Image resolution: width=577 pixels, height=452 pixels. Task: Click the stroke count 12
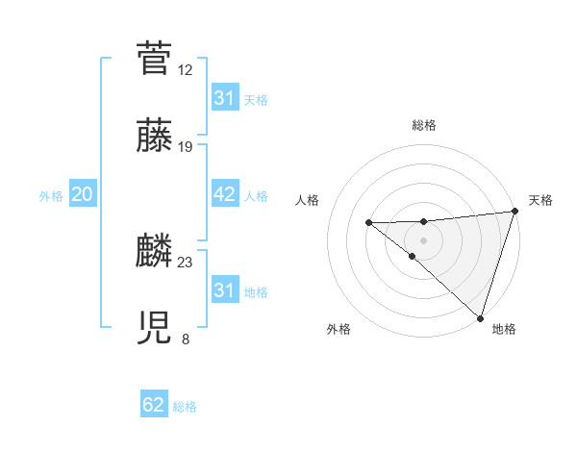[186, 69]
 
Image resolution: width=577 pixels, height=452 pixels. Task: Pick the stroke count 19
[186, 147]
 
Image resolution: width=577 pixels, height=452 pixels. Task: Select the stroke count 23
[186, 263]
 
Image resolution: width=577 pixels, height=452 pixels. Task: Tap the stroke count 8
[186, 339]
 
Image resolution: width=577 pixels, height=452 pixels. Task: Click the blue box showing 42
[225, 194]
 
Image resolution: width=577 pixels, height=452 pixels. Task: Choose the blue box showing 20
[83, 194]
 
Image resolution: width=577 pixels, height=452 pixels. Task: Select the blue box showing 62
[154, 405]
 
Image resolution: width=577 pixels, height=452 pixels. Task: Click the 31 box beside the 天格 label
[225, 98]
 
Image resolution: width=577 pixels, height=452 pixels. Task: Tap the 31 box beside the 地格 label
[225, 290]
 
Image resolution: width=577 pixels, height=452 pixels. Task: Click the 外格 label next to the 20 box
[51, 195]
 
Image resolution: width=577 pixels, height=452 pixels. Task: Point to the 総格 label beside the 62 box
[185, 407]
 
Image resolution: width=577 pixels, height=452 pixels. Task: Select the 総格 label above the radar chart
[424, 125]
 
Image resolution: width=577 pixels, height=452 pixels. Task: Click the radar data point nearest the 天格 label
[514, 212]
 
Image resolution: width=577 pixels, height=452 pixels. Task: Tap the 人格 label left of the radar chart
[308, 200]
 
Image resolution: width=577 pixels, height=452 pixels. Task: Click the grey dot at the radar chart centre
[423, 238]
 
